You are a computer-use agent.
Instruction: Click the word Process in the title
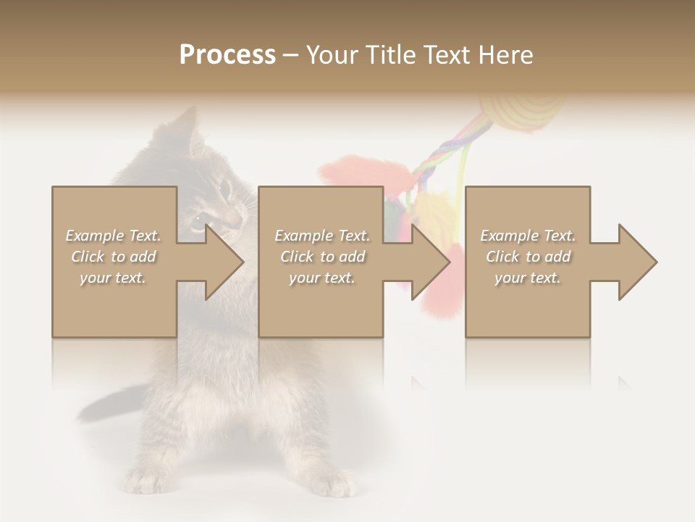[x=227, y=55]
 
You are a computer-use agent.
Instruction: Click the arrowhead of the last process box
[x=637, y=262]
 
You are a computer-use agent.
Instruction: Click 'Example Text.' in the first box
[x=114, y=236]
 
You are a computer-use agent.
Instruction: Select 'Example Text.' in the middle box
[x=321, y=236]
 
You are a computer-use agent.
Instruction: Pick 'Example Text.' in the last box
[x=528, y=236]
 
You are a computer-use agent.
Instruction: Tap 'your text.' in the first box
[x=114, y=278]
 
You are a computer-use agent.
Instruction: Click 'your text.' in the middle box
[x=321, y=278]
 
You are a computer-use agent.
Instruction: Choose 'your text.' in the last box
[x=528, y=278]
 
